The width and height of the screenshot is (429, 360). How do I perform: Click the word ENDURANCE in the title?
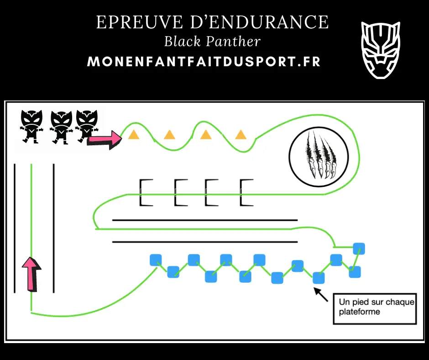click(x=259, y=22)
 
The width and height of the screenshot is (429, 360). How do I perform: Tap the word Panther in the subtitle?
click(x=233, y=42)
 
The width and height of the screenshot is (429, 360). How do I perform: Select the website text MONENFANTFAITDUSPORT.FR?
click(x=204, y=62)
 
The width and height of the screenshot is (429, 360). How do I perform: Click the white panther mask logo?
click(x=381, y=50)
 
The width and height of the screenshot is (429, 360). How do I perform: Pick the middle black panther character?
click(x=61, y=127)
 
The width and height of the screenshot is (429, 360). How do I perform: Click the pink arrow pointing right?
click(x=104, y=139)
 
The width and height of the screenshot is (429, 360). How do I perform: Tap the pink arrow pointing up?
click(x=32, y=274)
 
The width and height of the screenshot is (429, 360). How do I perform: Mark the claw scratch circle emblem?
click(x=319, y=157)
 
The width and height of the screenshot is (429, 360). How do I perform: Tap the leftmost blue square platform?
click(x=156, y=260)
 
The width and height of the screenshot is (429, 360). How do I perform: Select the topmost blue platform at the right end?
click(x=359, y=249)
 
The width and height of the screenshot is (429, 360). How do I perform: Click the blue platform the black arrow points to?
click(x=319, y=278)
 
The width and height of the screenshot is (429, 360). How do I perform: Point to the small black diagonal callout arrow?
click(x=321, y=295)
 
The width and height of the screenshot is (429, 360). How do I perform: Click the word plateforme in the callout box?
click(x=359, y=312)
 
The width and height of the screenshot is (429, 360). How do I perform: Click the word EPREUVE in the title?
click(x=140, y=22)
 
